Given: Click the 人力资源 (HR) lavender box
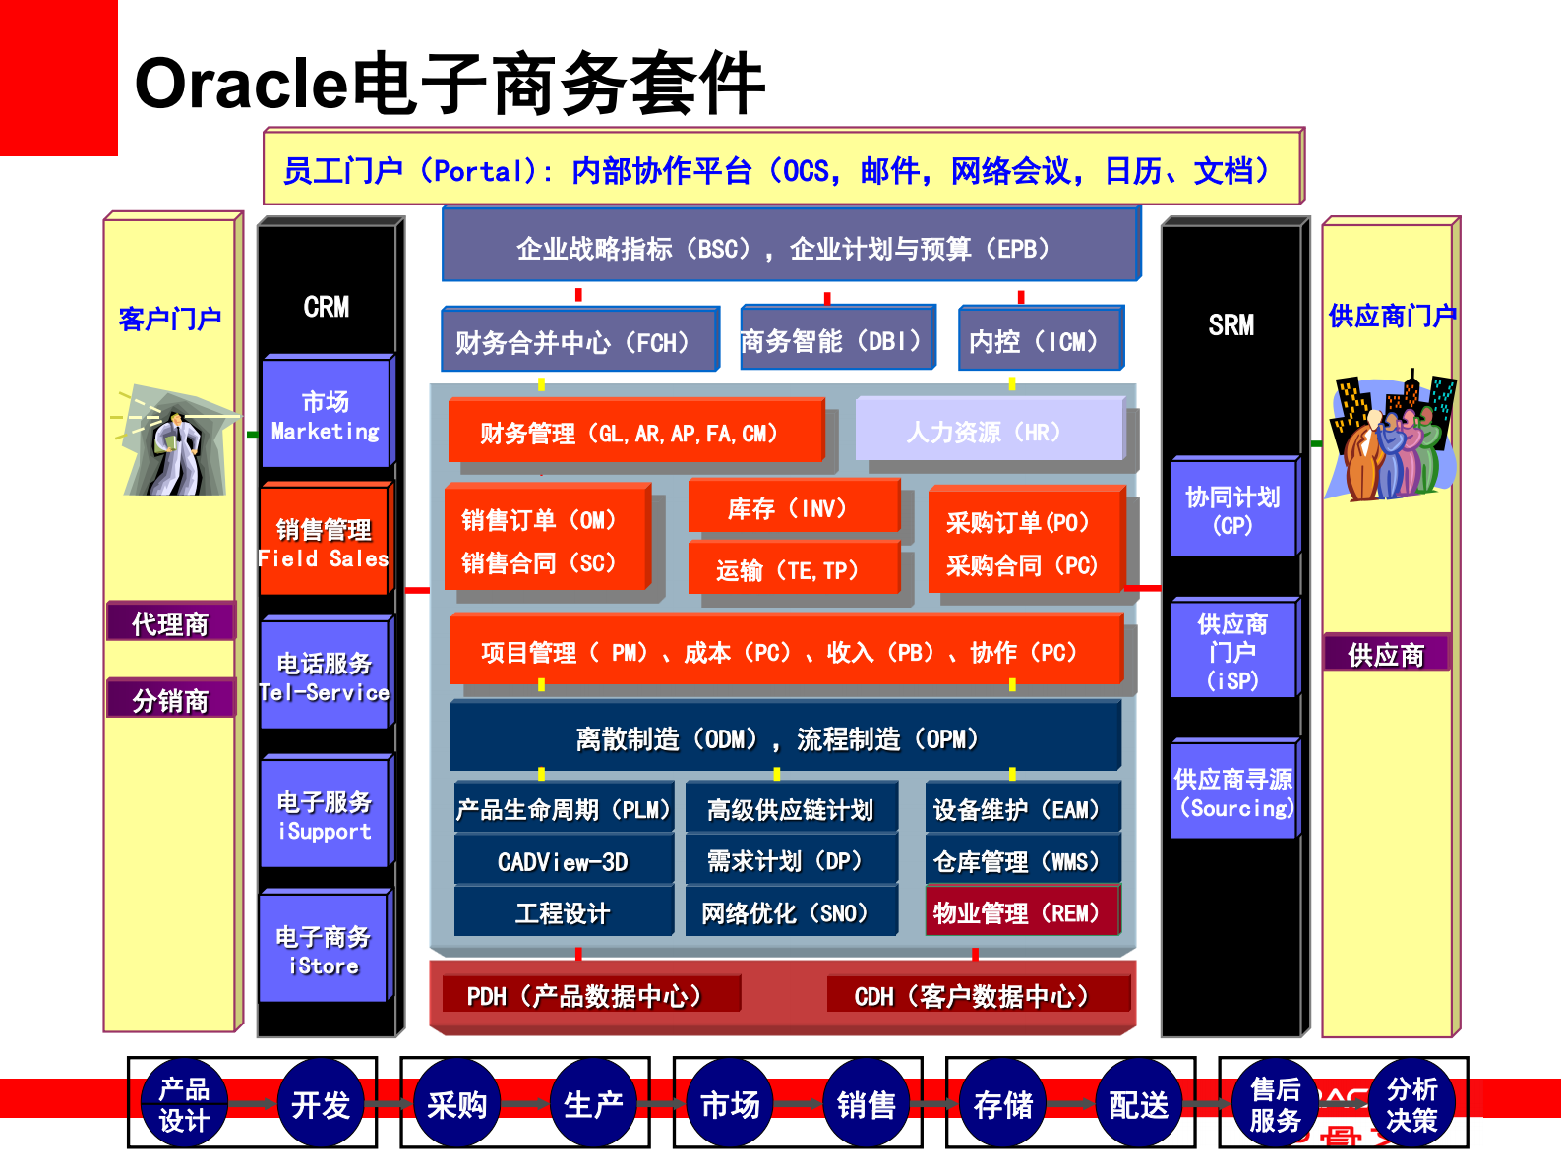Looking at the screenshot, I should (x=989, y=431).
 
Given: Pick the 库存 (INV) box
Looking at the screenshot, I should (x=793, y=507).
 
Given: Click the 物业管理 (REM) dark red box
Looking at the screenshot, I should (x=1021, y=912).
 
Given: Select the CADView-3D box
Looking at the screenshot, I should (x=563, y=861).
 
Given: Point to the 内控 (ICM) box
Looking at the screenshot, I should (x=1039, y=340).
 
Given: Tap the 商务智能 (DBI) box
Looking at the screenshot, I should (x=836, y=340).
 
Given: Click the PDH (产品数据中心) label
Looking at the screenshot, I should (x=588, y=996).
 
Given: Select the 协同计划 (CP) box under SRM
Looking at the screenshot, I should (x=1232, y=509).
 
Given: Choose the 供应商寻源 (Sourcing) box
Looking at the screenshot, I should (x=1233, y=792).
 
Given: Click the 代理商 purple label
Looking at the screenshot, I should (x=170, y=623).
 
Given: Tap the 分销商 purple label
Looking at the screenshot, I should (x=170, y=700).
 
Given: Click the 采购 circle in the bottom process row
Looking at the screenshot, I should (x=457, y=1104).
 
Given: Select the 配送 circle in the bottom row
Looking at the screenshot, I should (x=1138, y=1104).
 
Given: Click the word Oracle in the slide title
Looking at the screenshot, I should (x=241, y=85).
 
